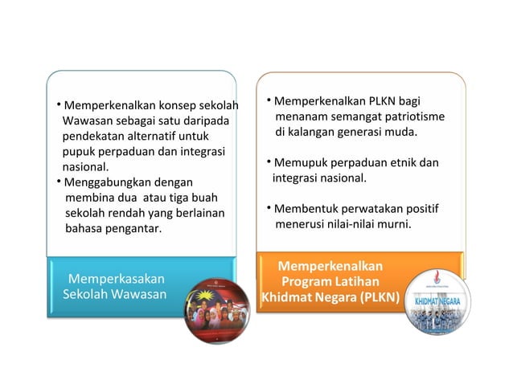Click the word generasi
point(363,132)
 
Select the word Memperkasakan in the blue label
point(117,279)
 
